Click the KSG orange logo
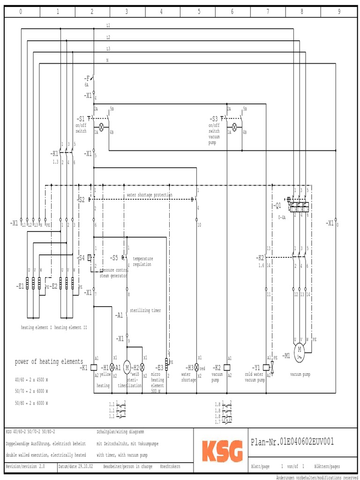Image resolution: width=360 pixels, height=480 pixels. (223, 451)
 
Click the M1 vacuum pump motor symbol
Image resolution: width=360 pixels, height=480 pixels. (299, 349)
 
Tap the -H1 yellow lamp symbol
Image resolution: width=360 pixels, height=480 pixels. (112, 367)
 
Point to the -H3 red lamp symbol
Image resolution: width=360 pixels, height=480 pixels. (197, 367)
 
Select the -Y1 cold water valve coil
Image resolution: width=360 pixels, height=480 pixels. (266, 367)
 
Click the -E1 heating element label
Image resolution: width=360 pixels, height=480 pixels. (20, 285)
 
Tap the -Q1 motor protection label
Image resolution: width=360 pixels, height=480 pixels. (277, 205)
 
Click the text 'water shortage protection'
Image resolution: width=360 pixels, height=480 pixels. (149, 195)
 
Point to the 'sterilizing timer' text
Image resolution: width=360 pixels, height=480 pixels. (145, 310)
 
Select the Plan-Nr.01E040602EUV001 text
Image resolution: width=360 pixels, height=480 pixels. (293, 442)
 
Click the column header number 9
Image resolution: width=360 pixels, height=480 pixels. (339, 12)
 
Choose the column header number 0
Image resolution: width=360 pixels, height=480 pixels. (21, 12)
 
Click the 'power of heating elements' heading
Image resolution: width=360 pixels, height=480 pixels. (49, 361)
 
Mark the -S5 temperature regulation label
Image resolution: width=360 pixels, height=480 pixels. (114, 258)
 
